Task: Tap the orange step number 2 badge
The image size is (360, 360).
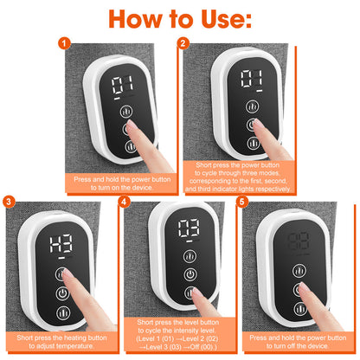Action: (183, 42)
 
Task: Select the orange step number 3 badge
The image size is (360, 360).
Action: (8, 202)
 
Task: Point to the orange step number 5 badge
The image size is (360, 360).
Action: (242, 202)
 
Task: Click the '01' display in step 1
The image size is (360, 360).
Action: (120, 85)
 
